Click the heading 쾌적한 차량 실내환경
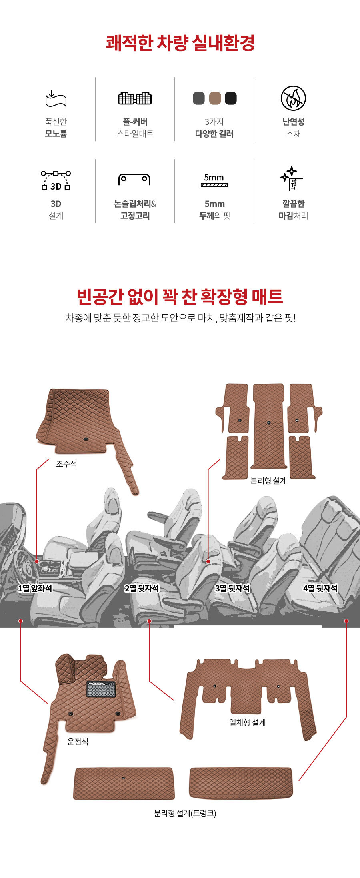(x=180, y=43)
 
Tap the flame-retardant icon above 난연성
(x=293, y=98)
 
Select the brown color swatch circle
(x=215, y=98)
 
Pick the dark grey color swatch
(x=199, y=98)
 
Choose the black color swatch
(x=231, y=98)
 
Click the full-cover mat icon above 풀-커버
(x=135, y=98)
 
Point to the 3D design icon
(x=56, y=180)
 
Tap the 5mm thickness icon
(x=214, y=180)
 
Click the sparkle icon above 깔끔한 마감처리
(x=292, y=178)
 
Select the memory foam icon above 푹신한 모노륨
(x=56, y=98)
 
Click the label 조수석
(x=66, y=464)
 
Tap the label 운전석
(x=78, y=742)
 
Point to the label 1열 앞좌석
(x=35, y=588)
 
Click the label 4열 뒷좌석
(x=320, y=588)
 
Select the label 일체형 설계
(x=248, y=722)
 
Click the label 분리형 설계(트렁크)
(x=185, y=813)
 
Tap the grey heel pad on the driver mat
(x=101, y=689)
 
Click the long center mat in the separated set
(x=269, y=426)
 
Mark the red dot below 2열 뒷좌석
(x=149, y=621)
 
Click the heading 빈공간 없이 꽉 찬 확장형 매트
(x=180, y=296)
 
